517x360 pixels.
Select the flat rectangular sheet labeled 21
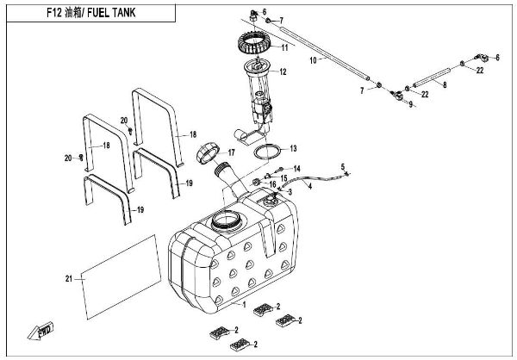click(121, 276)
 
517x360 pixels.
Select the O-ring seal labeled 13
click(270, 152)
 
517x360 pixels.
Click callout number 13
click(293, 148)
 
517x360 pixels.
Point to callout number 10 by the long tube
click(313, 60)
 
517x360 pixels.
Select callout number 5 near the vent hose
click(341, 166)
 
